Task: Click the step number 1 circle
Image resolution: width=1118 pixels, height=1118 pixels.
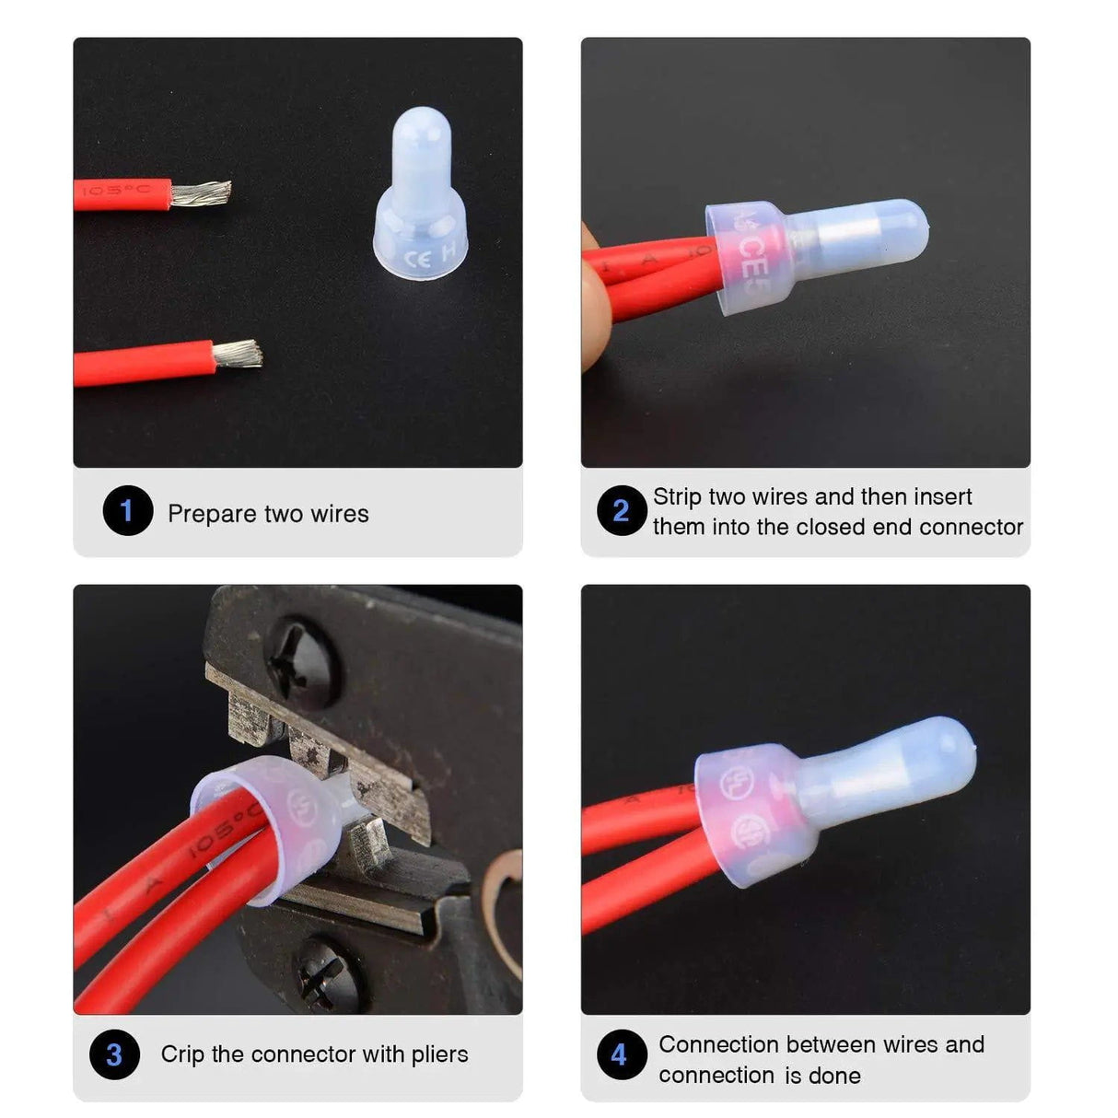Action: point(127,511)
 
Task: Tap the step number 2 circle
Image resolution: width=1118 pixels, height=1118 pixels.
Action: point(622,511)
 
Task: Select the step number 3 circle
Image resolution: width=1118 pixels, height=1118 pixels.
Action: point(114,1054)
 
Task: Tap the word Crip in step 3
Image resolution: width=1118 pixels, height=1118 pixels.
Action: point(182,1054)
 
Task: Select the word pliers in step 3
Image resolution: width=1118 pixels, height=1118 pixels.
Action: point(439,1054)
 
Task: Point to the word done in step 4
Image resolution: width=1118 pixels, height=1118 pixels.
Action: point(834,1076)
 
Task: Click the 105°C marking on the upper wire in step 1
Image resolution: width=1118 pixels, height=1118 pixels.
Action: point(116,191)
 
